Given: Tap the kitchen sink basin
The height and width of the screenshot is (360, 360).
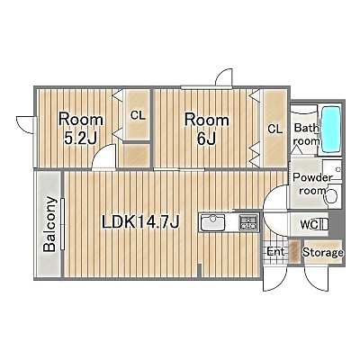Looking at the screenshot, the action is point(213,222).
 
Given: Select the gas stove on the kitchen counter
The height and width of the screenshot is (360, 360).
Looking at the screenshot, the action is point(248,222).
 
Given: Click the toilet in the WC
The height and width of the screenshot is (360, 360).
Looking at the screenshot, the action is point(321,224).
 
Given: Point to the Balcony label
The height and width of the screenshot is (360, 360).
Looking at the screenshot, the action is point(49,224).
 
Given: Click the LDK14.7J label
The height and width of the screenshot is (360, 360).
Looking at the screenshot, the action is point(140,222).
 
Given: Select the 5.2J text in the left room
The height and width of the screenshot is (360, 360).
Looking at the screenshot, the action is point(80,138).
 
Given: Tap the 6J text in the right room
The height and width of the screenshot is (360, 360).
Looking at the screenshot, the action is point(206,139).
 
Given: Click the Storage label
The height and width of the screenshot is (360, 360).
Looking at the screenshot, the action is point(323,253).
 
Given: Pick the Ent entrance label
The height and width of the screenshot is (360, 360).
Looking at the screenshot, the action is point(275,251).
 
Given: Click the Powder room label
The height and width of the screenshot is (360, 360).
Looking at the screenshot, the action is point(312,184).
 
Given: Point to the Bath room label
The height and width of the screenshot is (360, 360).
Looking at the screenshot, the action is point(306,134).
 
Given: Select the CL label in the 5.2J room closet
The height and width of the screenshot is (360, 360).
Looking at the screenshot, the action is point(138,115).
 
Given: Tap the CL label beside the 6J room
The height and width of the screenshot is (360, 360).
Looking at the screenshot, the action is point(275,129).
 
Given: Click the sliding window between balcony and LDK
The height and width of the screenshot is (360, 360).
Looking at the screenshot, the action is point(63,224).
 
